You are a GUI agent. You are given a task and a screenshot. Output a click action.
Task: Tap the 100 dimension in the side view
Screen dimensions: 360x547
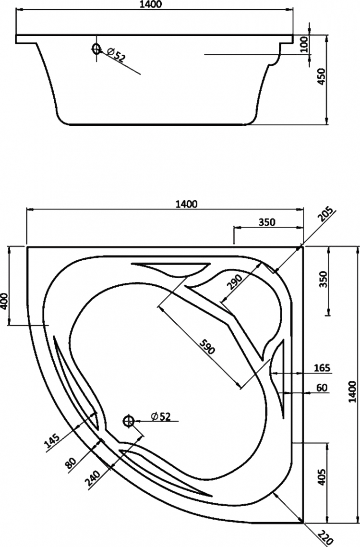[304, 44]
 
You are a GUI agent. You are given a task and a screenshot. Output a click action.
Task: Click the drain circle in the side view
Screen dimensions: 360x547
[96, 49]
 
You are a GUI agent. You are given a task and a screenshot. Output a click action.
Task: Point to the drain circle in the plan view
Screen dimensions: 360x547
[129, 421]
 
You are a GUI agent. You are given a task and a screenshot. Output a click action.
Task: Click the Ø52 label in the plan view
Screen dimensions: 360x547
[161, 416]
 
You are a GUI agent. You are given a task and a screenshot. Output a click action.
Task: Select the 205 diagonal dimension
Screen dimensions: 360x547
[325, 215]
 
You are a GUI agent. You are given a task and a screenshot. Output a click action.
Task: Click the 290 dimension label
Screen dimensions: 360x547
[234, 282]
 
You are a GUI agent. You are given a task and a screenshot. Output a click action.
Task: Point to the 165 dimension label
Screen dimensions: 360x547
[322, 368]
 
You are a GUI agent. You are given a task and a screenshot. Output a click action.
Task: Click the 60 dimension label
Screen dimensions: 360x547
[323, 388]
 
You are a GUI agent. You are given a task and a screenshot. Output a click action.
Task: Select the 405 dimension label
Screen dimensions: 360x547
[322, 476]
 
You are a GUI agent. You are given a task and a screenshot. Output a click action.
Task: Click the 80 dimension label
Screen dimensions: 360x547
[70, 462]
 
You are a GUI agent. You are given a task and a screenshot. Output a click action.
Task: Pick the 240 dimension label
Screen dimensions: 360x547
[93, 480]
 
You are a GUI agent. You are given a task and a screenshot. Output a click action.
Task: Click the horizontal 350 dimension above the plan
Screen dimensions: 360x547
[267, 222]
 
